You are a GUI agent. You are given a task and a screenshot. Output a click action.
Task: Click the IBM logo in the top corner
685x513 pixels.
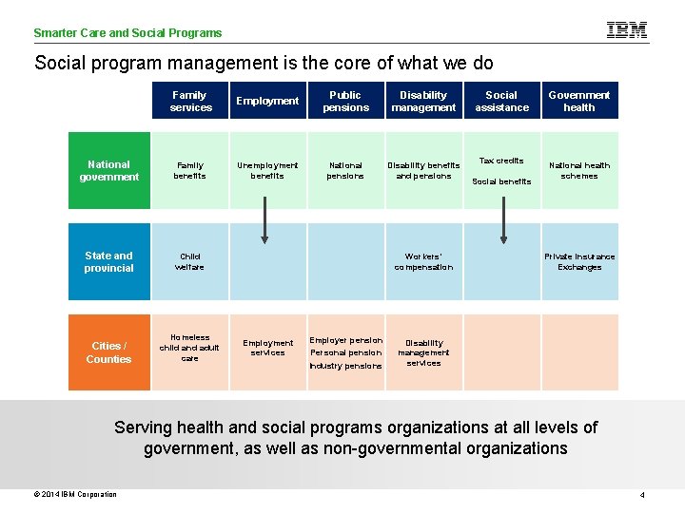pos(627,30)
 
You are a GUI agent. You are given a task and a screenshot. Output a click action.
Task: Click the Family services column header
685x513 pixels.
pos(190,101)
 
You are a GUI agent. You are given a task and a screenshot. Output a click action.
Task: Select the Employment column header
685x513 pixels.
pos(267,101)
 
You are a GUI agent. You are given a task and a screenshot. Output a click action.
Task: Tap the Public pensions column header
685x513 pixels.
pos(345,101)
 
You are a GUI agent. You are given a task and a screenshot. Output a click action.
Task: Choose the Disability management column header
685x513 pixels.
pos(423,101)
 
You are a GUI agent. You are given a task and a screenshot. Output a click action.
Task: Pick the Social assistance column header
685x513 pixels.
pos(501,101)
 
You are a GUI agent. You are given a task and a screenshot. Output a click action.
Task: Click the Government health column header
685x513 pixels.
pos(579,101)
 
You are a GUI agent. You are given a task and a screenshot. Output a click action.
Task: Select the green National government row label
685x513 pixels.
pos(109,171)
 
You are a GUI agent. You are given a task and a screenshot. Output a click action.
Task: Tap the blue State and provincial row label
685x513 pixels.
pos(109,261)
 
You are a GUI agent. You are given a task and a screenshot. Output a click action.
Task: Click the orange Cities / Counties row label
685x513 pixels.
pos(109,352)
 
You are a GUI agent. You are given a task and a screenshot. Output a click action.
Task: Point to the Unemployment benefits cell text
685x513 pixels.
pos(267,170)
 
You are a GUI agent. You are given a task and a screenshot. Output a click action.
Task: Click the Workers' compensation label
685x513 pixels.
pos(423,261)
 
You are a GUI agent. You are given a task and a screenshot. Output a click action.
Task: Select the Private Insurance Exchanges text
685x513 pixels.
pos(579,261)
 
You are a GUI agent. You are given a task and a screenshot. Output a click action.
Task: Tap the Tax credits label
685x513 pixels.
pos(501,161)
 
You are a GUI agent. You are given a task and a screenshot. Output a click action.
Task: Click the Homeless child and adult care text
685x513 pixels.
pos(190,348)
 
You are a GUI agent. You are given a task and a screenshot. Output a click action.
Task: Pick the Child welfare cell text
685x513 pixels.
pos(190,261)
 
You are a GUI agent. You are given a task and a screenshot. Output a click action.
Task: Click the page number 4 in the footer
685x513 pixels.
pos(642,495)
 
